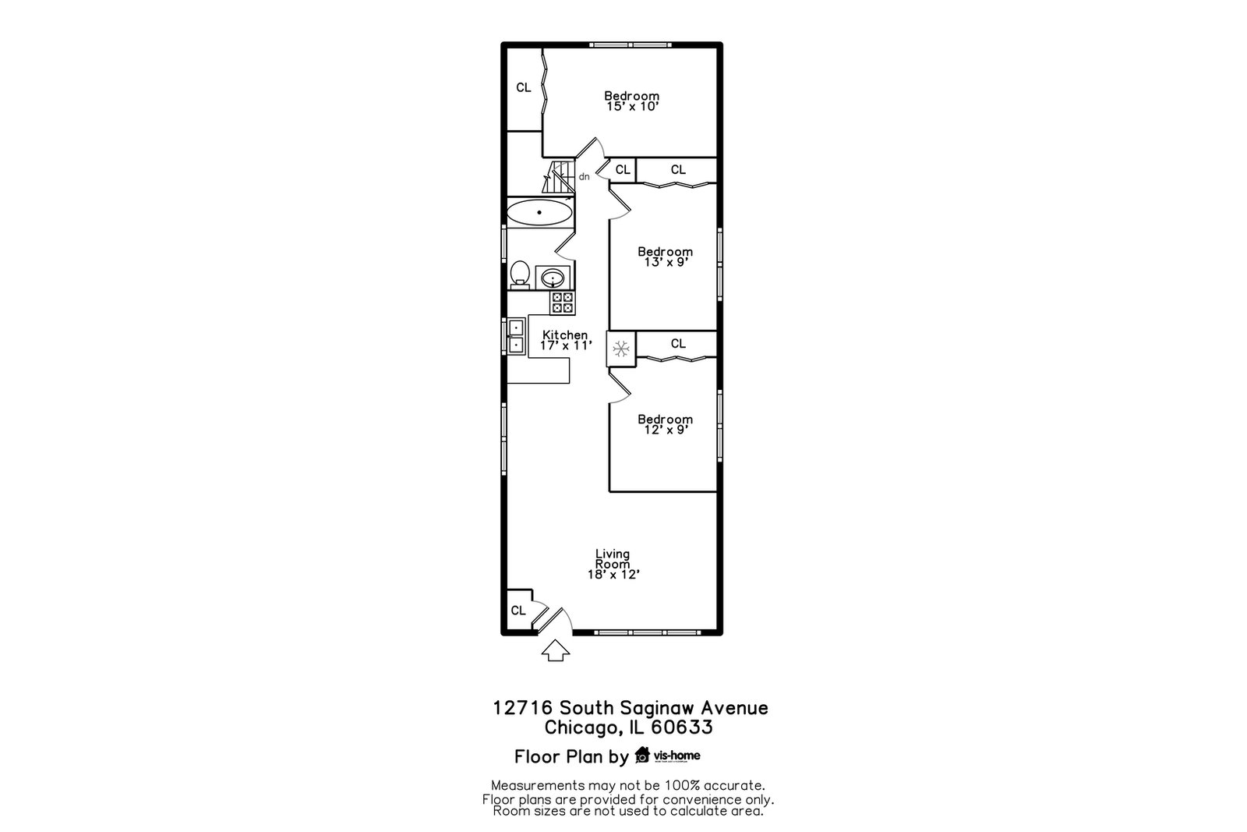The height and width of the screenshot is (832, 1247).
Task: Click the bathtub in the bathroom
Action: tap(539, 212)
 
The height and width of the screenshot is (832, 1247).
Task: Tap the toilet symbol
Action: tap(520, 274)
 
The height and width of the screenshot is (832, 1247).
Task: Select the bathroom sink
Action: tap(553, 277)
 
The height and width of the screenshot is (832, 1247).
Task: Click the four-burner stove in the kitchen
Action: tap(562, 303)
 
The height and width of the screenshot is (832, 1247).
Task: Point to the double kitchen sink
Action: tap(515, 336)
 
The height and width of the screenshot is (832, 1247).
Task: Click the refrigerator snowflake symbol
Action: tap(620, 349)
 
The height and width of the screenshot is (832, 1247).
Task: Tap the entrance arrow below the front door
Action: tap(556, 650)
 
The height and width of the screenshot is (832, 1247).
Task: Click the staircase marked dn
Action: tap(558, 177)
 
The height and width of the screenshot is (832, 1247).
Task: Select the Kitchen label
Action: tap(565, 335)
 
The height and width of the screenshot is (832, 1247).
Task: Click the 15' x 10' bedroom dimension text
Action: tap(632, 106)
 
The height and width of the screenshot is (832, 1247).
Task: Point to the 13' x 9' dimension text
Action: tap(666, 262)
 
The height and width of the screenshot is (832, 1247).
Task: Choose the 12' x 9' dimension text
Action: tap(666, 430)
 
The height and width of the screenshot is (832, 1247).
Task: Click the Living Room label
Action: tap(613, 558)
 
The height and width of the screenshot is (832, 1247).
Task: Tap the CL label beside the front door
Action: tap(518, 611)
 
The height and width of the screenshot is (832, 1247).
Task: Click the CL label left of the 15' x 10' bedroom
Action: tap(523, 87)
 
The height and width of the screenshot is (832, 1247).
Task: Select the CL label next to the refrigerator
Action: tap(678, 344)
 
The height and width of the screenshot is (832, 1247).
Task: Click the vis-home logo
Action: tap(667, 755)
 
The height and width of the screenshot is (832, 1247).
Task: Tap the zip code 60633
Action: tap(682, 728)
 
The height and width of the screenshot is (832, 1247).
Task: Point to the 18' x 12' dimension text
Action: tap(613, 574)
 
